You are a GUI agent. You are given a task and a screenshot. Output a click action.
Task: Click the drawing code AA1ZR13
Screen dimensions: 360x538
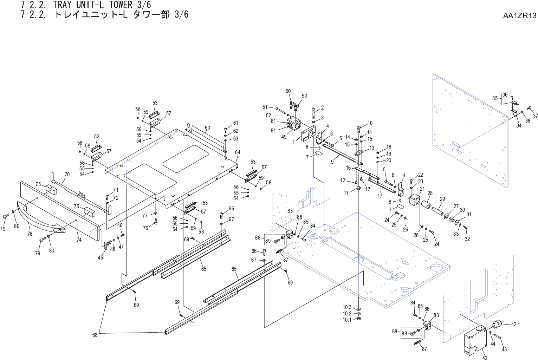coord(520,15)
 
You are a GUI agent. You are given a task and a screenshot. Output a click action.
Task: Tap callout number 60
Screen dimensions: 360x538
coord(207,128)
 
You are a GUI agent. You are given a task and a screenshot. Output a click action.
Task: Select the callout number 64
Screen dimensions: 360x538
coord(238,152)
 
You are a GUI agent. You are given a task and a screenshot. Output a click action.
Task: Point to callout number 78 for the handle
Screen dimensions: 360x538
coord(30,234)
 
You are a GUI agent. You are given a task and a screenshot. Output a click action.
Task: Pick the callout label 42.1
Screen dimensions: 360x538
coord(515,325)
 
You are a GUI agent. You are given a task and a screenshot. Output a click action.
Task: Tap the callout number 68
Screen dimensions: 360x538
coord(95,335)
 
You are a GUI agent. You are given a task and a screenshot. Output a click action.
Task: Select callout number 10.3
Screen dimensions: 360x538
coord(347,307)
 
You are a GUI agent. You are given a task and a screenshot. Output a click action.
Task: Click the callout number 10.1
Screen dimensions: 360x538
coord(347,320)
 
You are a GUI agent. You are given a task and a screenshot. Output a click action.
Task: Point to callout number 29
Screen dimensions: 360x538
coord(442,199)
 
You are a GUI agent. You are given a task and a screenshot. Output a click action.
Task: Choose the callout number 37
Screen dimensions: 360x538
coord(535,116)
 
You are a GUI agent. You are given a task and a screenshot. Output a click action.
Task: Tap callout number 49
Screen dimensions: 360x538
coord(284,137)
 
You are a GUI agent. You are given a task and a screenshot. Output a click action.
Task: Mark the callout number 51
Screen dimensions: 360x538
coord(265,107)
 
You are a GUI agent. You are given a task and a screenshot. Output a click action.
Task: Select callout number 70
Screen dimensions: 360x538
coord(67,175)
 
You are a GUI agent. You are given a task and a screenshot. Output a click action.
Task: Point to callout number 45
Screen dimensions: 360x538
coord(101,257)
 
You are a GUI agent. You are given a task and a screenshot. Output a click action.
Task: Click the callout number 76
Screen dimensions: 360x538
coord(145,228)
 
